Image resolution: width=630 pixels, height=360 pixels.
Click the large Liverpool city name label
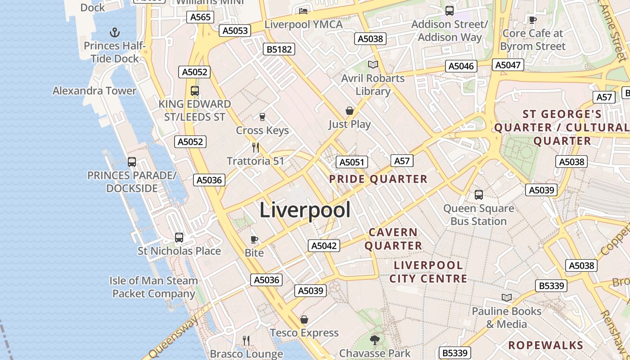(305, 210)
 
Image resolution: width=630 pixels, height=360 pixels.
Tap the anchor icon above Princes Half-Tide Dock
(115, 32)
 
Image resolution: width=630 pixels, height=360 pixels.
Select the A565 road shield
(200, 17)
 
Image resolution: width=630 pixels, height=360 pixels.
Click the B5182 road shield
(279, 49)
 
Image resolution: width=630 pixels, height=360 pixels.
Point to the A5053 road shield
(234, 31)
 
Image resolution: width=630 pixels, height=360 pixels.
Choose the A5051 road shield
(352, 162)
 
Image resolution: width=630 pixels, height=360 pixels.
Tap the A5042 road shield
(324, 246)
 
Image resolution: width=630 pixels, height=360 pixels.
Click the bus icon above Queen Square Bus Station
(479, 195)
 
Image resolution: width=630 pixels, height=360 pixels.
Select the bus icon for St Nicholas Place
(179, 237)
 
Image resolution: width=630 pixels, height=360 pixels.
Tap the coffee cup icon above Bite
(254, 239)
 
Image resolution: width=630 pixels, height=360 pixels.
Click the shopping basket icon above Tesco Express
(304, 319)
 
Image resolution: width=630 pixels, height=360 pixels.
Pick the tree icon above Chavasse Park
(374, 340)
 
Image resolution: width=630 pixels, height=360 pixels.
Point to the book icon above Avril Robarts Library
(373, 65)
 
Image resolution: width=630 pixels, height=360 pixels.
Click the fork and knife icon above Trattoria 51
(256, 147)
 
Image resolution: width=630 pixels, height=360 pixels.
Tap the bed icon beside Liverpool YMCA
(303, 11)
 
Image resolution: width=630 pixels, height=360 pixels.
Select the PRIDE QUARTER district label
(378, 179)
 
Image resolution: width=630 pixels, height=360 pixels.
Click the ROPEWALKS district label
(545, 345)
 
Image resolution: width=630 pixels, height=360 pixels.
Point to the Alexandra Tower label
(94, 90)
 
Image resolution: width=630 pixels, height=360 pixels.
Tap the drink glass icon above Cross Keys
(262, 117)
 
